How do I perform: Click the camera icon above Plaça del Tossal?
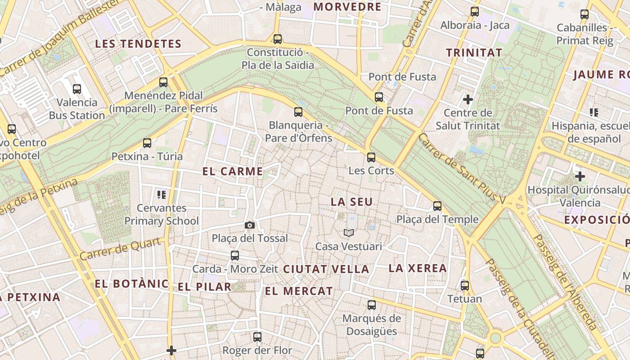[250, 225]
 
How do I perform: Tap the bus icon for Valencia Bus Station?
[77, 89]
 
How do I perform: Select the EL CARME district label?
[233, 171]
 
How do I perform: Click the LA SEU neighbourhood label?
[352, 202]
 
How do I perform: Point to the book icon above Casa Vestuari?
[349, 233]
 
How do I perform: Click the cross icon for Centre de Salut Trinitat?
[468, 99]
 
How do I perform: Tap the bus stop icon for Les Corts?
[371, 157]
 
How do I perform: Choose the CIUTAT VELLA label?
[326, 270]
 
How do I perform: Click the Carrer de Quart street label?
[121, 249]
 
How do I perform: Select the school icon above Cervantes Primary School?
[162, 195]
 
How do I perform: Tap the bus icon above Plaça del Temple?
[437, 206]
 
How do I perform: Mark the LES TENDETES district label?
[138, 44]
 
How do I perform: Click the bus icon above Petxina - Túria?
[147, 143]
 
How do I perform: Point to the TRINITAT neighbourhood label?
[474, 53]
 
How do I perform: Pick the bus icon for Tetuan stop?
[465, 285]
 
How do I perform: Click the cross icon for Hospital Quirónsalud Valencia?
[580, 176]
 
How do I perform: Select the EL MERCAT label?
[299, 291]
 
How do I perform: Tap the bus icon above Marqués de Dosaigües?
[372, 305]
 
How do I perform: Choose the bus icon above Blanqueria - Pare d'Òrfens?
[298, 112]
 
